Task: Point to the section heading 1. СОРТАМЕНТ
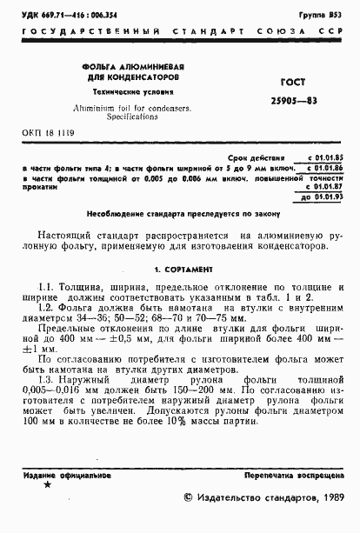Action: pos(177,270)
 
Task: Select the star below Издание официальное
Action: pos(47,484)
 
